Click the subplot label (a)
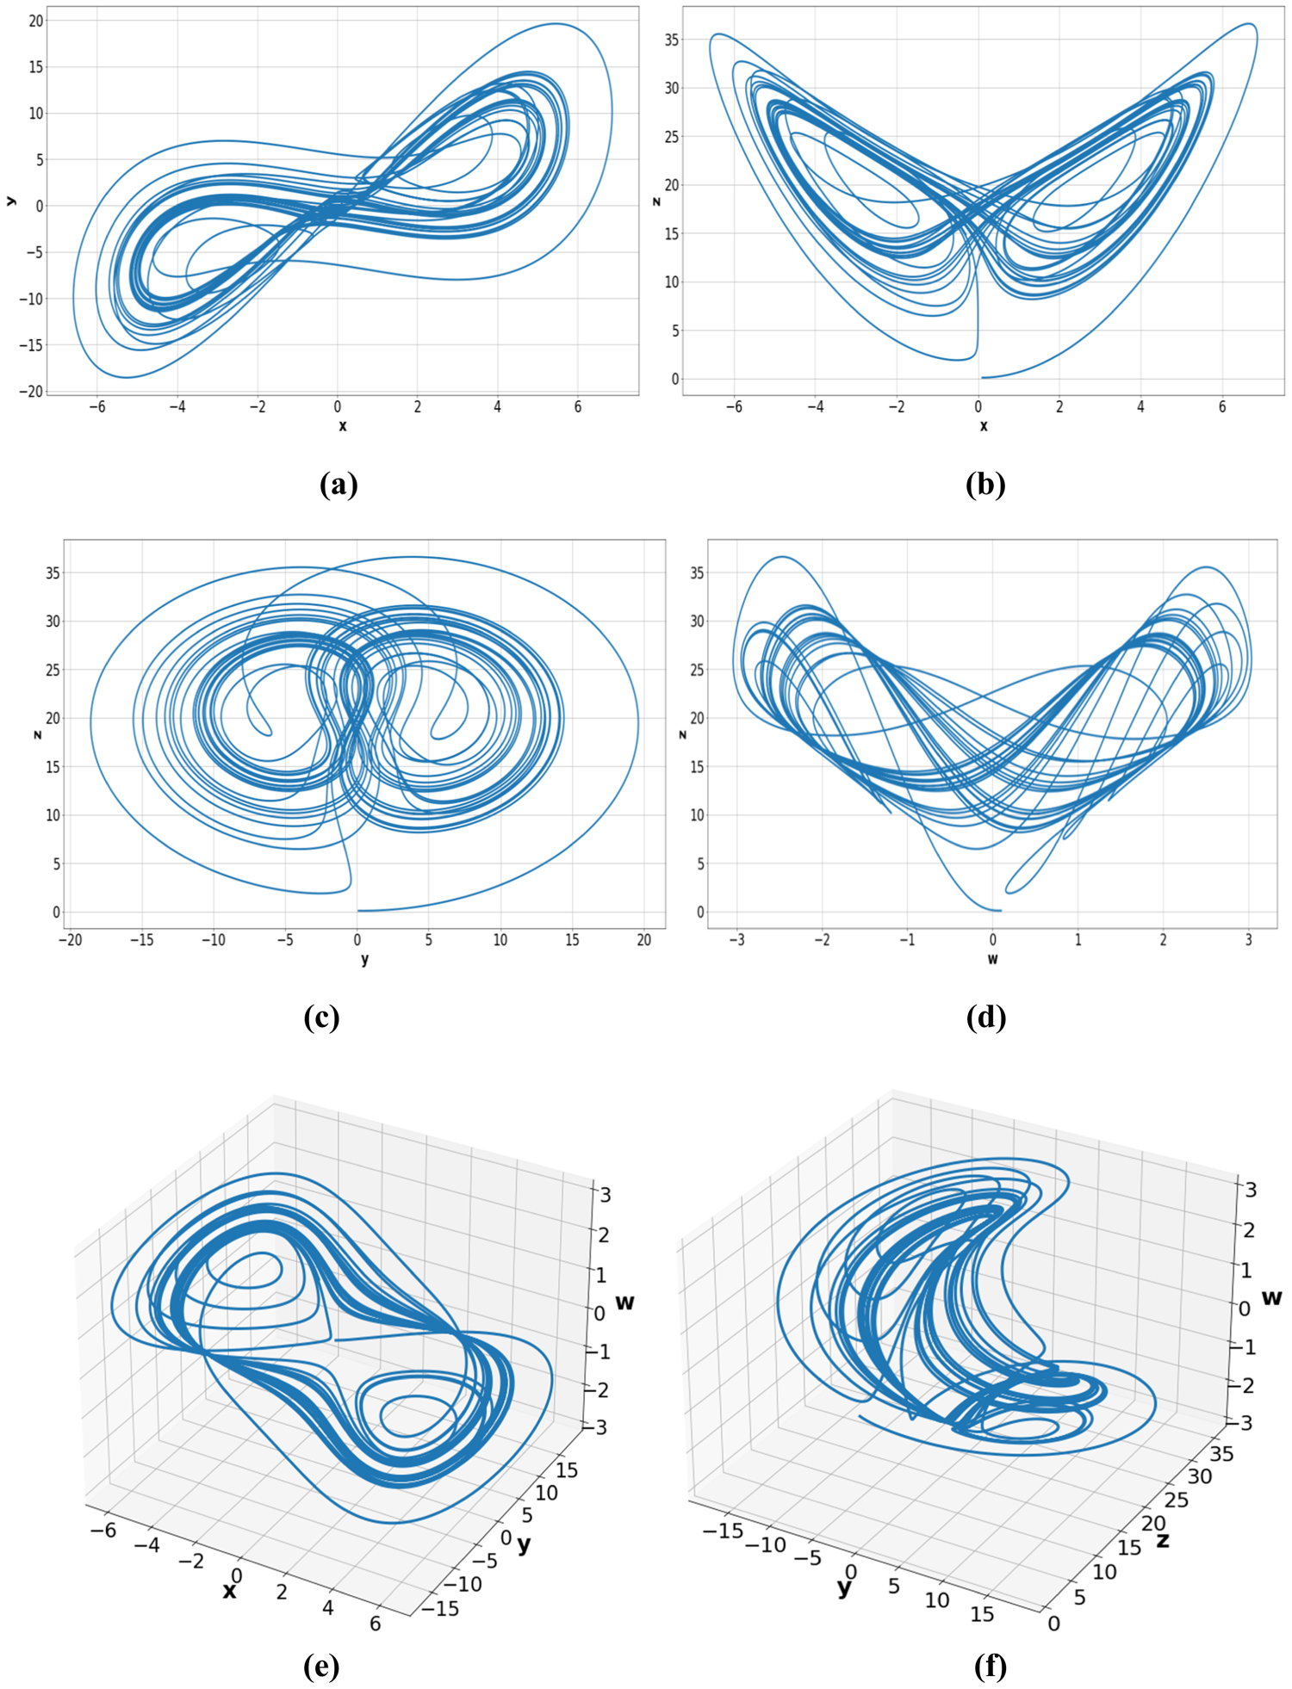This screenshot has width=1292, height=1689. (x=338, y=485)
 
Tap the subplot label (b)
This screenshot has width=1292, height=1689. (x=985, y=485)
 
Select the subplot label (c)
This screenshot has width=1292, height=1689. (x=321, y=1018)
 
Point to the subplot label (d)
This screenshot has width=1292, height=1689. (x=986, y=1018)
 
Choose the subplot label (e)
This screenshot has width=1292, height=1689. (x=321, y=1667)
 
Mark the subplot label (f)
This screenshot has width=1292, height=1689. (x=990, y=1667)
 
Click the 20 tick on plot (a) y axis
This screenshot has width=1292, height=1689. (x=35, y=20)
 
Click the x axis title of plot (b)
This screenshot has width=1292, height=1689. (x=984, y=426)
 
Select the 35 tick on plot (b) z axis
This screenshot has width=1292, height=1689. (x=672, y=40)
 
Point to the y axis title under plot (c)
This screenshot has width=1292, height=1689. (x=365, y=959)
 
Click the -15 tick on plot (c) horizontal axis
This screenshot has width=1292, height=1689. (x=141, y=940)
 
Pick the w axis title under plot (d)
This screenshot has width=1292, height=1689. (x=992, y=959)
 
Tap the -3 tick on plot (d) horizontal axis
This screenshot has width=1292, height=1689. (x=736, y=940)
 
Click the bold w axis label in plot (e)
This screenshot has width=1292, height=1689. (x=625, y=1302)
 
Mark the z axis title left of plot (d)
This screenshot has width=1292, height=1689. (x=683, y=734)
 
